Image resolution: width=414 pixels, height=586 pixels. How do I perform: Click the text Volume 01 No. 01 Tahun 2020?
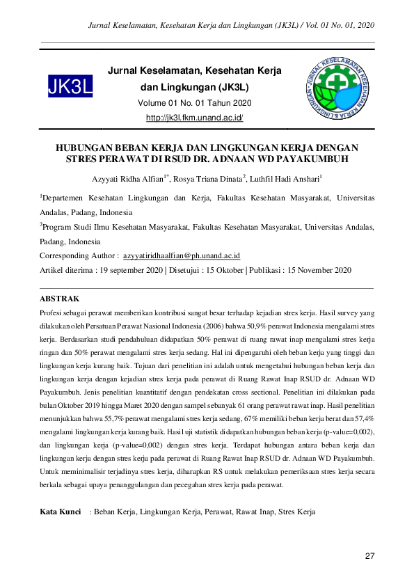(195, 103)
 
